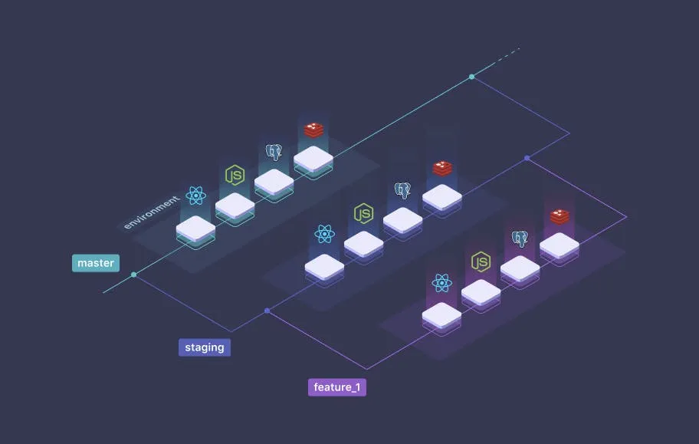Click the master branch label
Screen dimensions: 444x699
[x=96, y=263]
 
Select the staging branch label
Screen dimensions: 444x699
[x=205, y=347]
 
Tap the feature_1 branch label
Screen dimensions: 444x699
[x=337, y=387]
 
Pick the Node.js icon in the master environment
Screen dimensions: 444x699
[x=235, y=176]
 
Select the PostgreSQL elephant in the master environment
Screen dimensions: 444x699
[x=274, y=152]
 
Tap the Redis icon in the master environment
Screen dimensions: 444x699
[x=313, y=130]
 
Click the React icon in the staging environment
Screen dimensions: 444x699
[x=325, y=234]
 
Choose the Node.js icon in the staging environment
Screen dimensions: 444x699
[x=363, y=213]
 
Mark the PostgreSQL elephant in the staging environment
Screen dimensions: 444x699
[x=402, y=189]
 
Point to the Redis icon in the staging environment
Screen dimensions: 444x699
[x=442, y=168]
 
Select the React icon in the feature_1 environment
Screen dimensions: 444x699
[x=441, y=283]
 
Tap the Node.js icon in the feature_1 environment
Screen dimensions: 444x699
[x=481, y=261]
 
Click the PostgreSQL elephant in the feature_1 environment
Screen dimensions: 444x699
[x=520, y=238]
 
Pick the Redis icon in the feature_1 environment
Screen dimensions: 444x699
[x=560, y=216]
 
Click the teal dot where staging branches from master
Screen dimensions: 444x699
[x=134, y=275]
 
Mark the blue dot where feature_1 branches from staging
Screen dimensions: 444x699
[x=267, y=311]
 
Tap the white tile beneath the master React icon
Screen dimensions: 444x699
[x=195, y=228]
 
